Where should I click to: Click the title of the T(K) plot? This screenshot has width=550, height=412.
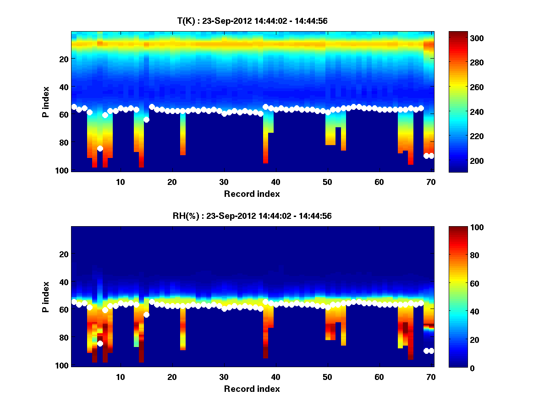(252, 21)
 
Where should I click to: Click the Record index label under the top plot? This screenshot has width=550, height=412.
(252, 194)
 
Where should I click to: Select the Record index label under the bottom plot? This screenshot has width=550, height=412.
(252, 389)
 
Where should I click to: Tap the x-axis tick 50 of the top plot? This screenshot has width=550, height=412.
(327, 182)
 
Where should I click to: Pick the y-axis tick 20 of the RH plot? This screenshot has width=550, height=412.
(63, 254)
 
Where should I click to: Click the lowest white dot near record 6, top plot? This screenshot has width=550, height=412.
(100, 148)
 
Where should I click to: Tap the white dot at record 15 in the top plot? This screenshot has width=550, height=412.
(146, 120)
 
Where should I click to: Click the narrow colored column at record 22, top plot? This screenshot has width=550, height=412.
(182, 135)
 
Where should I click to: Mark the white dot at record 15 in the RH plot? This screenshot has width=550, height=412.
(146, 314)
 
